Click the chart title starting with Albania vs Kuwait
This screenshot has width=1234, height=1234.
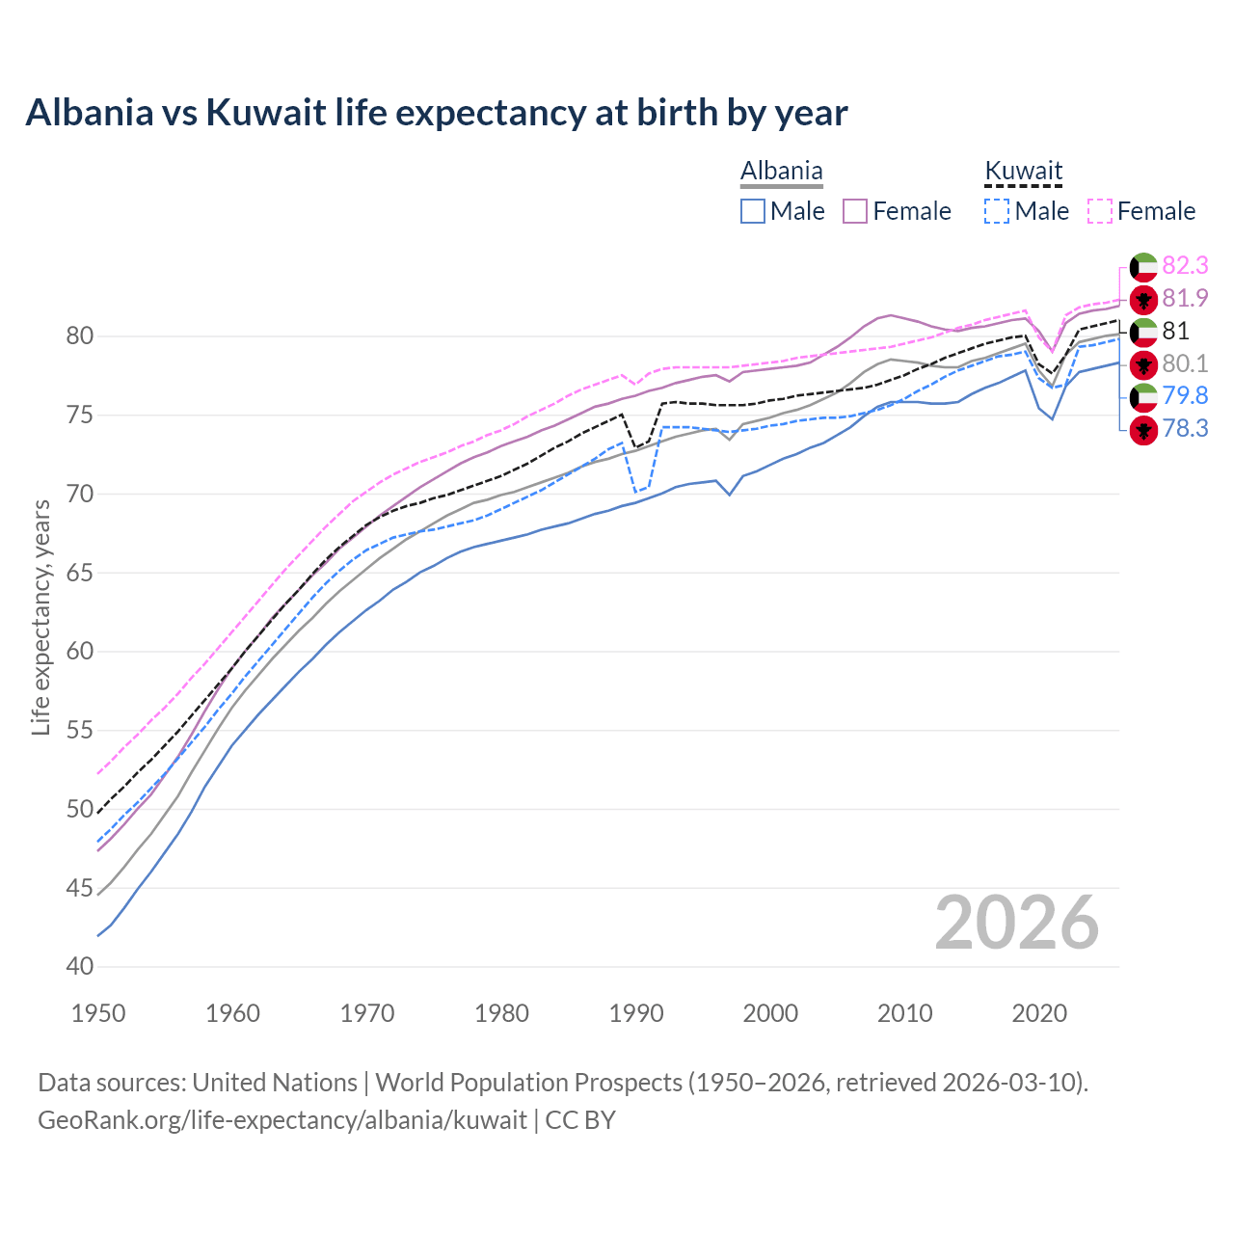pyautogui.click(x=436, y=113)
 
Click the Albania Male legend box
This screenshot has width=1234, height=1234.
pyautogui.click(x=753, y=211)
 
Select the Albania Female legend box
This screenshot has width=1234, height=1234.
pyautogui.click(x=855, y=211)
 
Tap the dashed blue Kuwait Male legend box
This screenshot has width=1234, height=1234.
pyautogui.click(x=997, y=211)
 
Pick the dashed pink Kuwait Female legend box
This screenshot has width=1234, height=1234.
pyautogui.click(x=1099, y=211)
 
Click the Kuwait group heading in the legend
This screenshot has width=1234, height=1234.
pyautogui.click(x=1023, y=172)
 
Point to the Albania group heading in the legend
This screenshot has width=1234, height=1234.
pyautogui.click(x=781, y=172)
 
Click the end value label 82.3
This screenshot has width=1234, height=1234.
pyautogui.click(x=1185, y=266)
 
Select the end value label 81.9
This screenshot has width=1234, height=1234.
pyautogui.click(x=1185, y=299)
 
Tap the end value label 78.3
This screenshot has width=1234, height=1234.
pyautogui.click(x=1185, y=429)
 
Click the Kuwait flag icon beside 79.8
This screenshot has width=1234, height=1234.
pyautogui.click(x=1143, y=396)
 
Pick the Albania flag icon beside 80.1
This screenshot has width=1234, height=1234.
pyautogui.click(x=1143, y=364)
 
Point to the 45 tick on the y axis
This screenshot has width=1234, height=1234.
pyautogui.click(x=80, y=888)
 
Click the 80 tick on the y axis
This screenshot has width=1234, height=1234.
pyautogui.click(x=80, y=336)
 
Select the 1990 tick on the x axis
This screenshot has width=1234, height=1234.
pyautogui.click(x=636, y=1013)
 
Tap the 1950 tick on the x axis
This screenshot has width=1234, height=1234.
pyautogui.click(x=99, y=1013)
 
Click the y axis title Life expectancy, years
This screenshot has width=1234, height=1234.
pyautogui.click(x=40, y=617)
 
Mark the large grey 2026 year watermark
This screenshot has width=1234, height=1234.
pyautogui.click(x=1016, y=923)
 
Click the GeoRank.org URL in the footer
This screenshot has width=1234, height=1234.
pyautogui.click(x=282, y=1120)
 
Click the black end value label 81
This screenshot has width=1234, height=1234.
pyautogui.click(x=1175, y=332)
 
